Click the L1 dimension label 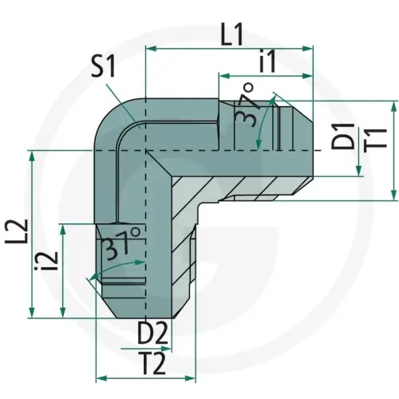pyautogui.click(x=232, y=34)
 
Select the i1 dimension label pyautogui.click(x=268, y=61)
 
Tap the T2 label pyautogui.click(x=150, y=363)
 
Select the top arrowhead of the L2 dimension pyautogui.click(x=32, y=156)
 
